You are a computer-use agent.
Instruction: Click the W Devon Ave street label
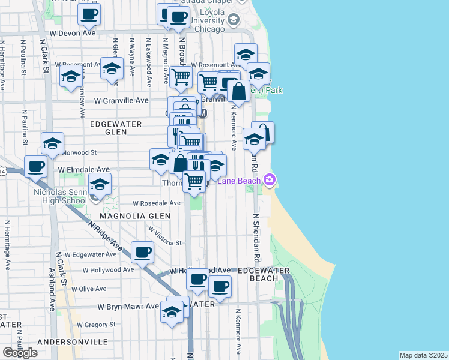point(73,33)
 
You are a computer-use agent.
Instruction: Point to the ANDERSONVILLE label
point(72,342)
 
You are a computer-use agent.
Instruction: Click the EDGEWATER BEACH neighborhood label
point(264,275)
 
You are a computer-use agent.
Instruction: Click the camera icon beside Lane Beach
point(270,179)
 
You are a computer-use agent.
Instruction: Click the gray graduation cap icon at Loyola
point(232,20)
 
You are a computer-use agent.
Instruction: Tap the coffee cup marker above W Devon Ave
point(89,14)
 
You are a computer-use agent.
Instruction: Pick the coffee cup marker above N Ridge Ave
point(142,252)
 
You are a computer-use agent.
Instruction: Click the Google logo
point(20,352)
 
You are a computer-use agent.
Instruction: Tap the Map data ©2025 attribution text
point(423,355)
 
